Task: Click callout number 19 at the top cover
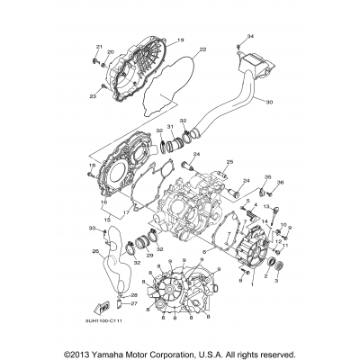pos(179,40)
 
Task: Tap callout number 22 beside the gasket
pos(202,49)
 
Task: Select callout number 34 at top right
pos(250,35)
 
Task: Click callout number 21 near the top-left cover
pos(100,47)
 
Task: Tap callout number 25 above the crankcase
pos(229,162)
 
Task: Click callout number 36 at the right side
pos(280,183)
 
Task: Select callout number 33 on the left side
pos(91,229)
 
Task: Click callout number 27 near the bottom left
pos(133,303)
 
